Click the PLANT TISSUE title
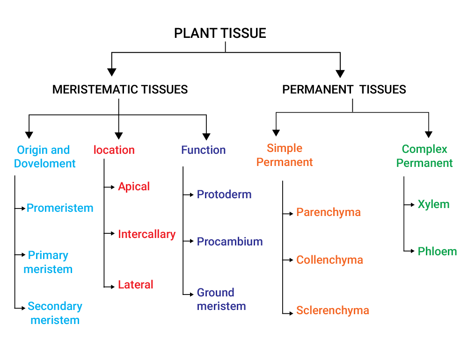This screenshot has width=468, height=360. (220, 33)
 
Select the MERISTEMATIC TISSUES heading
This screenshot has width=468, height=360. (120, 89)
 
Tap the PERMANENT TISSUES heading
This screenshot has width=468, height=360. (344, 89)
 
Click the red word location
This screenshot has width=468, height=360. (114, 150)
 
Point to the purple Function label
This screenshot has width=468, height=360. (203, 150)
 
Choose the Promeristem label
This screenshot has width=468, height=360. (60, 208)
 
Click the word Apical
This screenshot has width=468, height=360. (134, 187)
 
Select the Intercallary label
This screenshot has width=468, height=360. (147, 234)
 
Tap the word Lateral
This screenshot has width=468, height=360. (136, 285)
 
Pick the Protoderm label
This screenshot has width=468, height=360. (224, 194)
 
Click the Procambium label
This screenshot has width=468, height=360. (230, 242)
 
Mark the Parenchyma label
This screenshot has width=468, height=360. (329, 212)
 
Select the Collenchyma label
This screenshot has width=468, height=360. (329, 260)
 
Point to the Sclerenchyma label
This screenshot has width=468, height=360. (332, 310)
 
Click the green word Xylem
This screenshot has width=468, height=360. (433, 205)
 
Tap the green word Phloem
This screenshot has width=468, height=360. (437, 252)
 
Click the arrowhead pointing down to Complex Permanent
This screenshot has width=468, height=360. (429, 134)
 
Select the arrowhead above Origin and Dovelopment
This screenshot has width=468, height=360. (29, 135)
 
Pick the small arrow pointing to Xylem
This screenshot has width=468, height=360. (409, 205)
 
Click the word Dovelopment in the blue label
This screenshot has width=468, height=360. (45, 164)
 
